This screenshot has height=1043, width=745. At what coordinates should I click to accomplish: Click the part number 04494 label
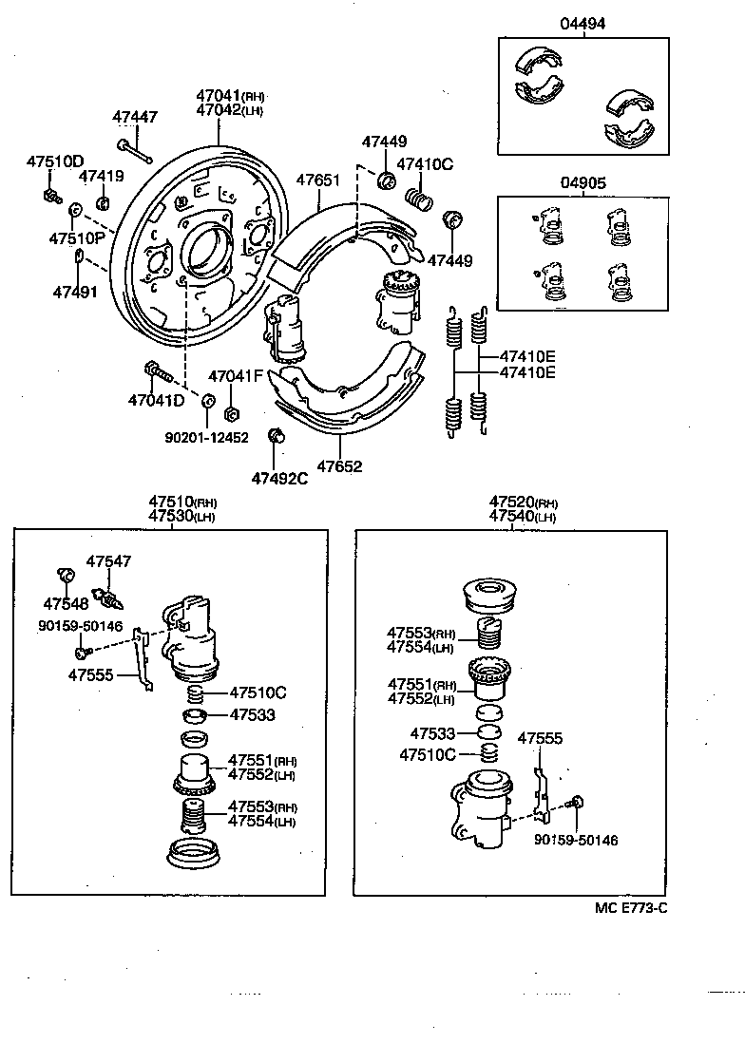tap(582, 24)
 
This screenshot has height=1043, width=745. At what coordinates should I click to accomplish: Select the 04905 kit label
tap(582, 183)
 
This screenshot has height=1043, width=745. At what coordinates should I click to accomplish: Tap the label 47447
tap(135, 117)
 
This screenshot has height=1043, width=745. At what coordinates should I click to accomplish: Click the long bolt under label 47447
tap(134, 150)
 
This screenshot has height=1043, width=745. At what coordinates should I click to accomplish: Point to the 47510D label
tap(54, 161)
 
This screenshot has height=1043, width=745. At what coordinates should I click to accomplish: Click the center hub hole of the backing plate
tap(206, 249)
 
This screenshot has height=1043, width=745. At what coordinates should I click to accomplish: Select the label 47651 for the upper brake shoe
tap(318, 180)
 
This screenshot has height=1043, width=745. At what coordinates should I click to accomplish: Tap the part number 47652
tap(339, 466)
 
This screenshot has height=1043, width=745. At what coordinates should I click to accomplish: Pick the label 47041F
tap(235, 376)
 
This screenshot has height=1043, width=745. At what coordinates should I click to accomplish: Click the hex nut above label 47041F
tap(229, 413)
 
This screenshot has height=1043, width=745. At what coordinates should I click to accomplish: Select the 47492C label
tap(279, 478)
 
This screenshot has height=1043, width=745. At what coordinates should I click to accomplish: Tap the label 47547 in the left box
tap(108, 561)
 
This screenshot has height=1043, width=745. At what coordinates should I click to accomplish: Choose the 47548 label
tap(66, 603)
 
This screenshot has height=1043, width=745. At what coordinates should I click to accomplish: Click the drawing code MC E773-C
tap(631, 907)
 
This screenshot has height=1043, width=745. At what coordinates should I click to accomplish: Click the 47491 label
tap(75, 291)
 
